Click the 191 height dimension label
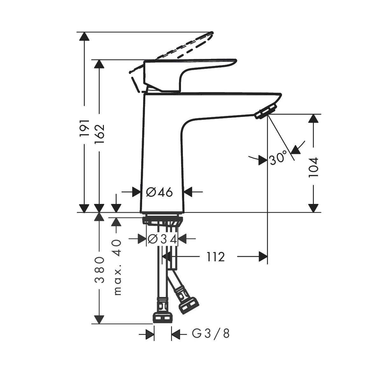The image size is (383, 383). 84,128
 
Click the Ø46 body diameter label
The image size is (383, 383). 159,192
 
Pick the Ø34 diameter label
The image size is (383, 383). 162,239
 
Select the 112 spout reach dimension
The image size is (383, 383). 215,257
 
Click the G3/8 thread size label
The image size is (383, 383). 211,334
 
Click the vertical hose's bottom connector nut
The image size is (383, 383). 163,317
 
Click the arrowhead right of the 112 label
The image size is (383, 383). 263,257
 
